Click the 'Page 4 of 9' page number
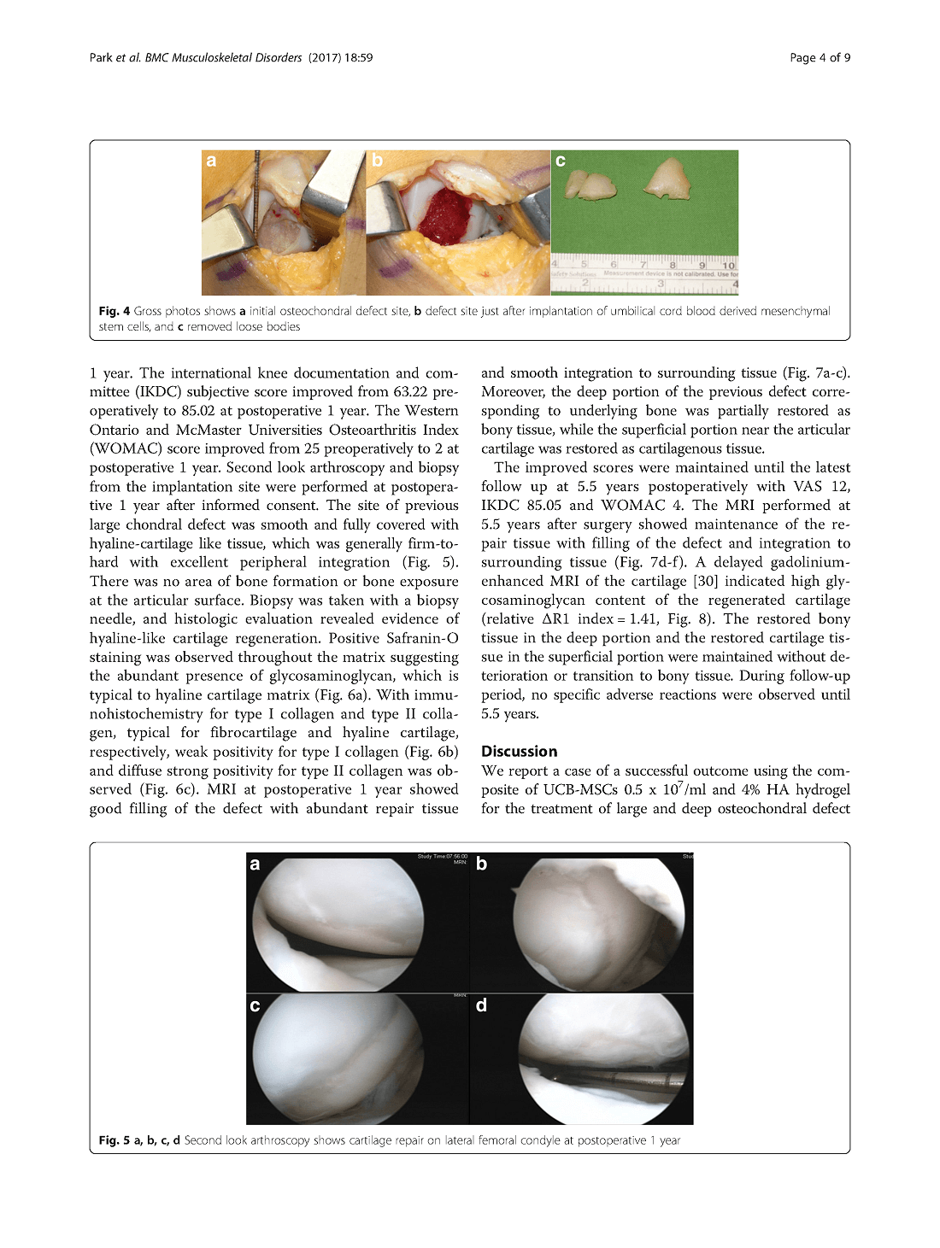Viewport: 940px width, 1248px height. pos(820,58)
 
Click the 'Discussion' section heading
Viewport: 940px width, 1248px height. pos(519,752)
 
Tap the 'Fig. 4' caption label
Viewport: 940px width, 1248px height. pos(115,312)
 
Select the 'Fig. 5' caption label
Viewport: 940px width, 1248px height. pos(115,1140)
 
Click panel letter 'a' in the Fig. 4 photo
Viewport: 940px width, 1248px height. pos(211,161)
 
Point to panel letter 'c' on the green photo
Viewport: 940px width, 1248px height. pos(561,161)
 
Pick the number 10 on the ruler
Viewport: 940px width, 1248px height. pos(728,265)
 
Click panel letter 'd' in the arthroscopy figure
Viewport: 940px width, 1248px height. pos(481,1005)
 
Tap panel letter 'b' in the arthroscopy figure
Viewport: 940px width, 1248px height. pos(481,864)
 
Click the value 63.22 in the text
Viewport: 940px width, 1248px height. pos(415,392)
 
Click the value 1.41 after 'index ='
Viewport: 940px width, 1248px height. pos(644,619)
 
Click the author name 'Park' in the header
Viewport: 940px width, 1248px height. pos(102,58)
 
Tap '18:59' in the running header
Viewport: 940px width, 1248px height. pos(359,58)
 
